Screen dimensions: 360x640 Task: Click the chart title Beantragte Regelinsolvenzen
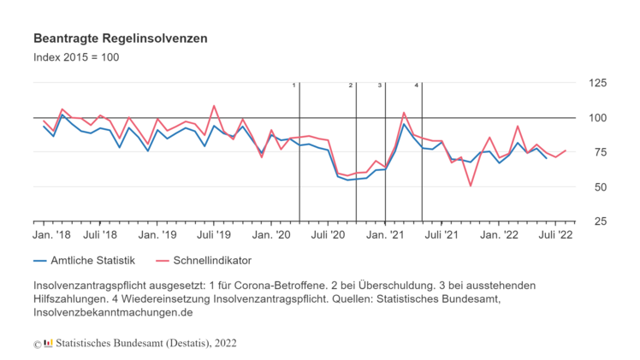120,39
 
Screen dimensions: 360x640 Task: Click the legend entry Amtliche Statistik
86,261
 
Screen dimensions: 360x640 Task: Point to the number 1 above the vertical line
294,86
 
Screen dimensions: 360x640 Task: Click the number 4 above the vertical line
417,86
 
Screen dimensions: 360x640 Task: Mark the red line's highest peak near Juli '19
214,106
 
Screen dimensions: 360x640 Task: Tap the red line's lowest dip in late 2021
471,186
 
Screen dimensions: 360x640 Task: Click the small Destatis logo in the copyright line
48,344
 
